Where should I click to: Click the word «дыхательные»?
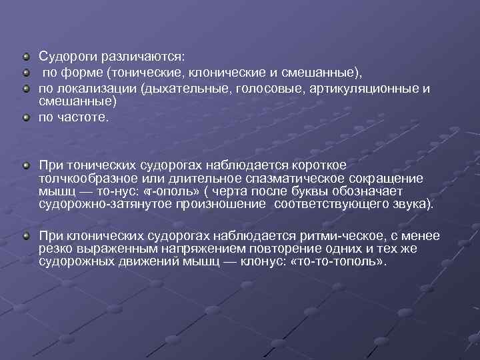[x=182, y=88]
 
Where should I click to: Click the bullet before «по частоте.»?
[x=25, y=117]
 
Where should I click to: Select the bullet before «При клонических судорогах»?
[x=25, y=235]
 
